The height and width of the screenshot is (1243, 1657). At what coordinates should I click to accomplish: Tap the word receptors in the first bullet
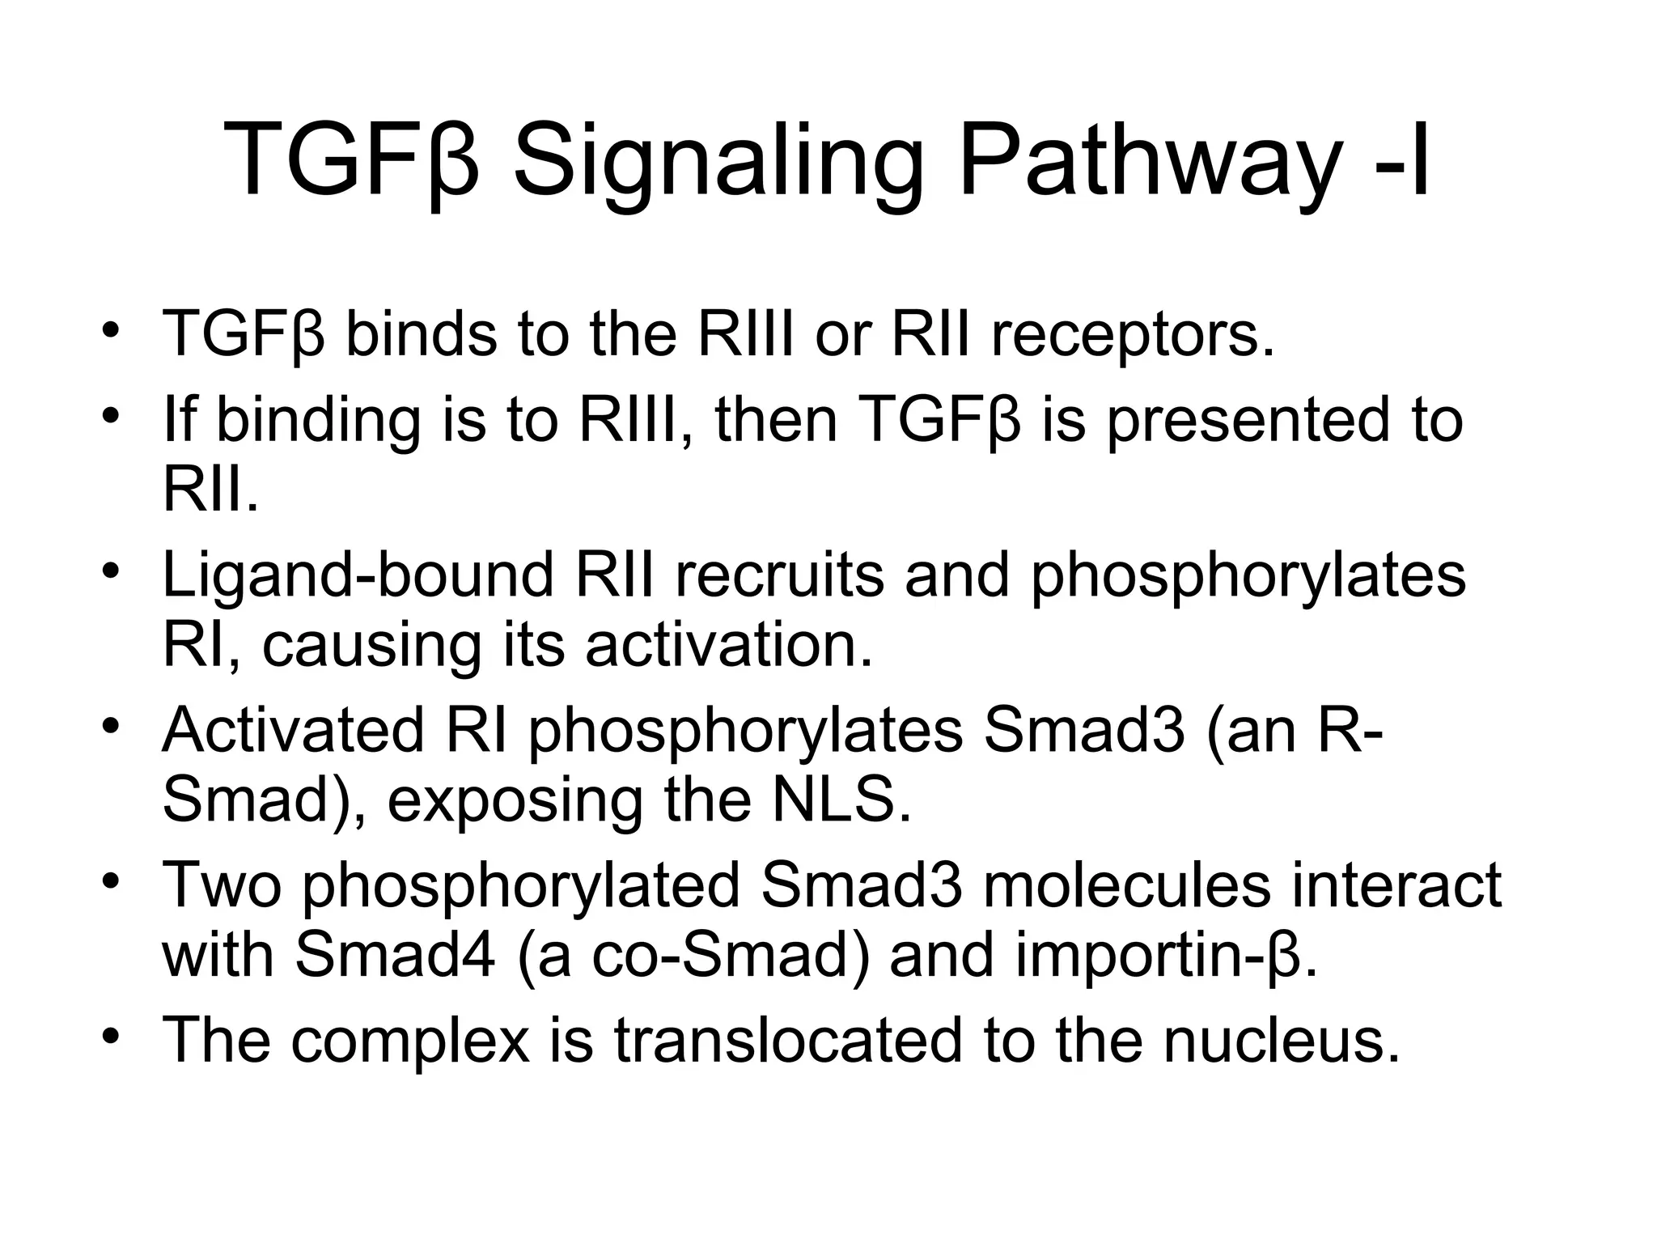pyautogui.click(x=1132, y=334)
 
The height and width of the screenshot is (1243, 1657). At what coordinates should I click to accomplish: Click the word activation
pyautogui.click(x=728, y=645)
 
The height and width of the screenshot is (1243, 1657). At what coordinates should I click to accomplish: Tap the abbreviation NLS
pyautogui.click(x=841, y=800)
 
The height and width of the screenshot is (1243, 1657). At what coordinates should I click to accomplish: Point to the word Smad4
pyautogui.click(x=394, y=955)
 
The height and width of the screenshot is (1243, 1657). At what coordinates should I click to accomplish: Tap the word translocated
pyautogui.click(x=788, y=1040)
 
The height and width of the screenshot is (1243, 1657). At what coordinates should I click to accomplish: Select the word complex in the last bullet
pyautogui.click(x=409, y=1041)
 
